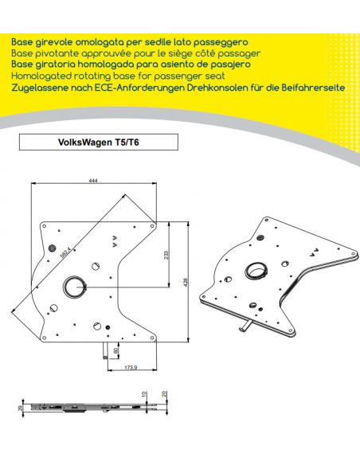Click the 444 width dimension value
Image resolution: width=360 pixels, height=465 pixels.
[95, 182]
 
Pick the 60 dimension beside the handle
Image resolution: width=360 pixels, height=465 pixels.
[116, 350]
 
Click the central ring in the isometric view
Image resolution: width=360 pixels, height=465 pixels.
[257, 270]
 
